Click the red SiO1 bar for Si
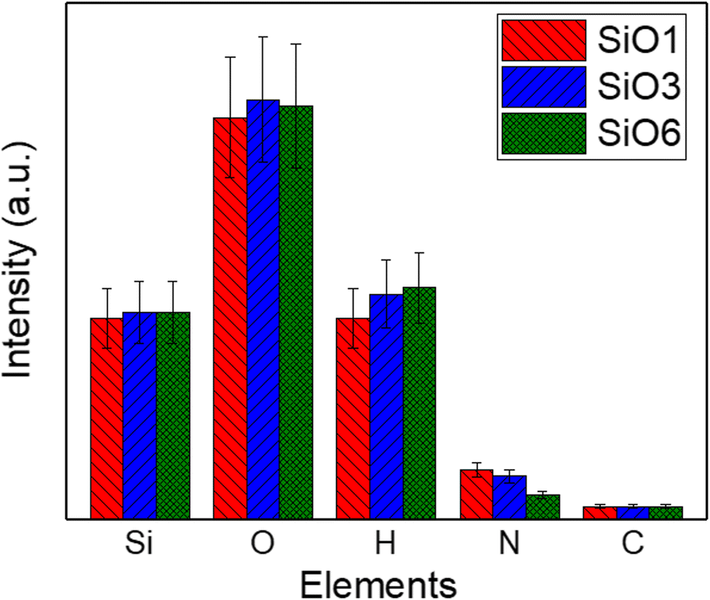[106, 418]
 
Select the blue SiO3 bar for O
[263, 310]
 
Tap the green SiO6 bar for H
[419, 403]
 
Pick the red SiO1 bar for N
[477, 494]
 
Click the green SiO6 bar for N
[543, 507]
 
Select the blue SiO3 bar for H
[386, 406]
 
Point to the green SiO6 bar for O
[296, 313]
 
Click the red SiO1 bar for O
[230, 318]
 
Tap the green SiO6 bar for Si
[173, 416]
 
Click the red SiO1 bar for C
[600, 513]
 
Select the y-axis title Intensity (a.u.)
[21, 261]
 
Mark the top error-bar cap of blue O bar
[263, 37]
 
